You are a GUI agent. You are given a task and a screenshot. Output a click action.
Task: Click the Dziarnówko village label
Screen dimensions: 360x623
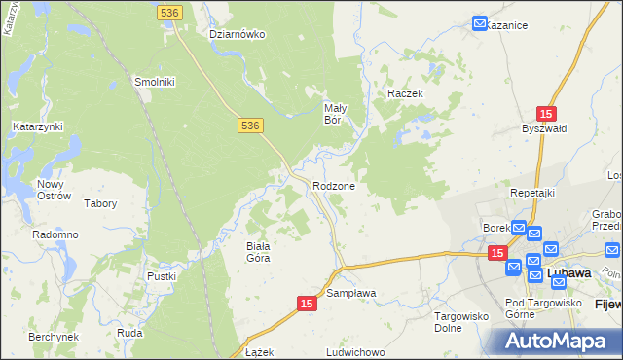click(238, 34)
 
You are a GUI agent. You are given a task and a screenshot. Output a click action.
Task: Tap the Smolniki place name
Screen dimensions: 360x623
click(154, 83)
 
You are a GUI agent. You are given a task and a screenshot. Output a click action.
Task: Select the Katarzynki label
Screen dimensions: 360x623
click(38, 126)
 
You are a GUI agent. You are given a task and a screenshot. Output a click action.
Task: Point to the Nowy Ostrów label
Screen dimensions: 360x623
click(55, 190)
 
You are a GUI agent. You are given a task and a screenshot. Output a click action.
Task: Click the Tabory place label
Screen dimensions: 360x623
click(100, 204)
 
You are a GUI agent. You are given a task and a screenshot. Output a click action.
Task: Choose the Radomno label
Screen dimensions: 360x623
click(55, 235)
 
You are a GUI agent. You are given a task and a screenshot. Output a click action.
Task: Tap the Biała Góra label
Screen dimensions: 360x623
click(257, 252)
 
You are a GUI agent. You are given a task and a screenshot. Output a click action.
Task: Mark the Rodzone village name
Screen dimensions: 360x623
click(334, 186)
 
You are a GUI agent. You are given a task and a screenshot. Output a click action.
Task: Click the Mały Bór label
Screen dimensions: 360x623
click(336, 114)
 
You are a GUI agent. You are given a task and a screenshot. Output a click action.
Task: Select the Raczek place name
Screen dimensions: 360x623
click(404, 93)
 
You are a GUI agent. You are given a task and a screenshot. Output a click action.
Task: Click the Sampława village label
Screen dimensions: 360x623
click(351, 293)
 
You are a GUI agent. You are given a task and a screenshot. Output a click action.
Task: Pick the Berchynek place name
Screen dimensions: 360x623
click(54, 336)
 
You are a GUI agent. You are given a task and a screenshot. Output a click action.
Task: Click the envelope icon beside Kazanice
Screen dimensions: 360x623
click(480, 22)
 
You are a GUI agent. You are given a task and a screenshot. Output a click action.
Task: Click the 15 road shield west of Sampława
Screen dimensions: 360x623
click(307, 305)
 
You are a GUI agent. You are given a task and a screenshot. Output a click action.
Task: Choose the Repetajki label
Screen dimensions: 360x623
click(532, 193)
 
